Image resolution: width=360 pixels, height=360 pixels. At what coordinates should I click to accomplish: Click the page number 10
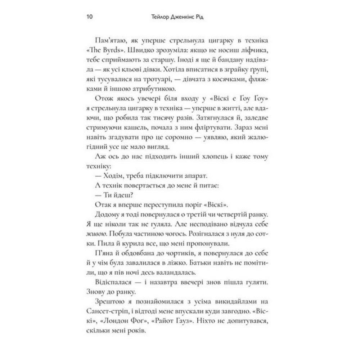point(90,17)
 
